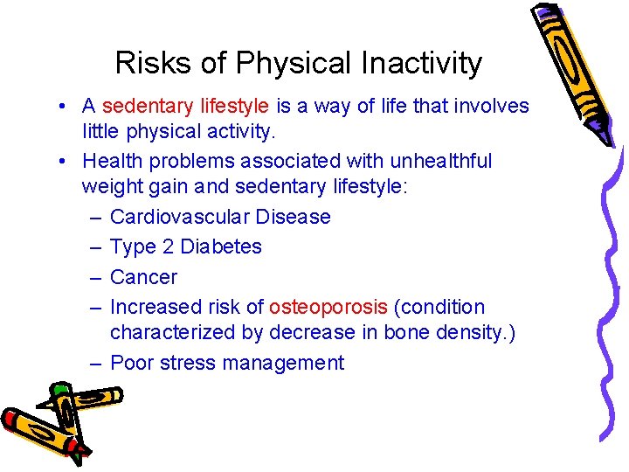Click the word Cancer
pos(143,277)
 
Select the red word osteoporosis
pos(328,307)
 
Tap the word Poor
pos(132,363)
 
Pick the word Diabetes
pos(221,246)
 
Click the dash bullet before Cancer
pos(93,277)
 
